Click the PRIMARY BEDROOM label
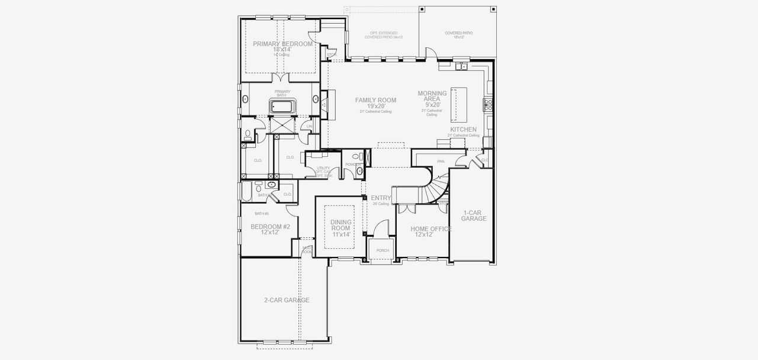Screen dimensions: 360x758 pos(282,44)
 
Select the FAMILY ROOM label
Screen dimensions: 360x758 pos(375,101)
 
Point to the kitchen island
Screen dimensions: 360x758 pos(459,104)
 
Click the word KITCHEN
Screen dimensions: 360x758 pos(463,130)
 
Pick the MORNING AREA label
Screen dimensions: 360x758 pos(432,97)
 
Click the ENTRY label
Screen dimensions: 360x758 pos(381,198)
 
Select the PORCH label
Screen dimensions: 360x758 pos(383,250)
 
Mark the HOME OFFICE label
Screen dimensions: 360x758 pos(432,229)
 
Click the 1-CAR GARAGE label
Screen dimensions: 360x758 pos(474,216)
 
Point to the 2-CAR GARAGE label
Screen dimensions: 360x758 pos(287,300)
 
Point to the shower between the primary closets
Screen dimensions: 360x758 pos(282,125)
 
